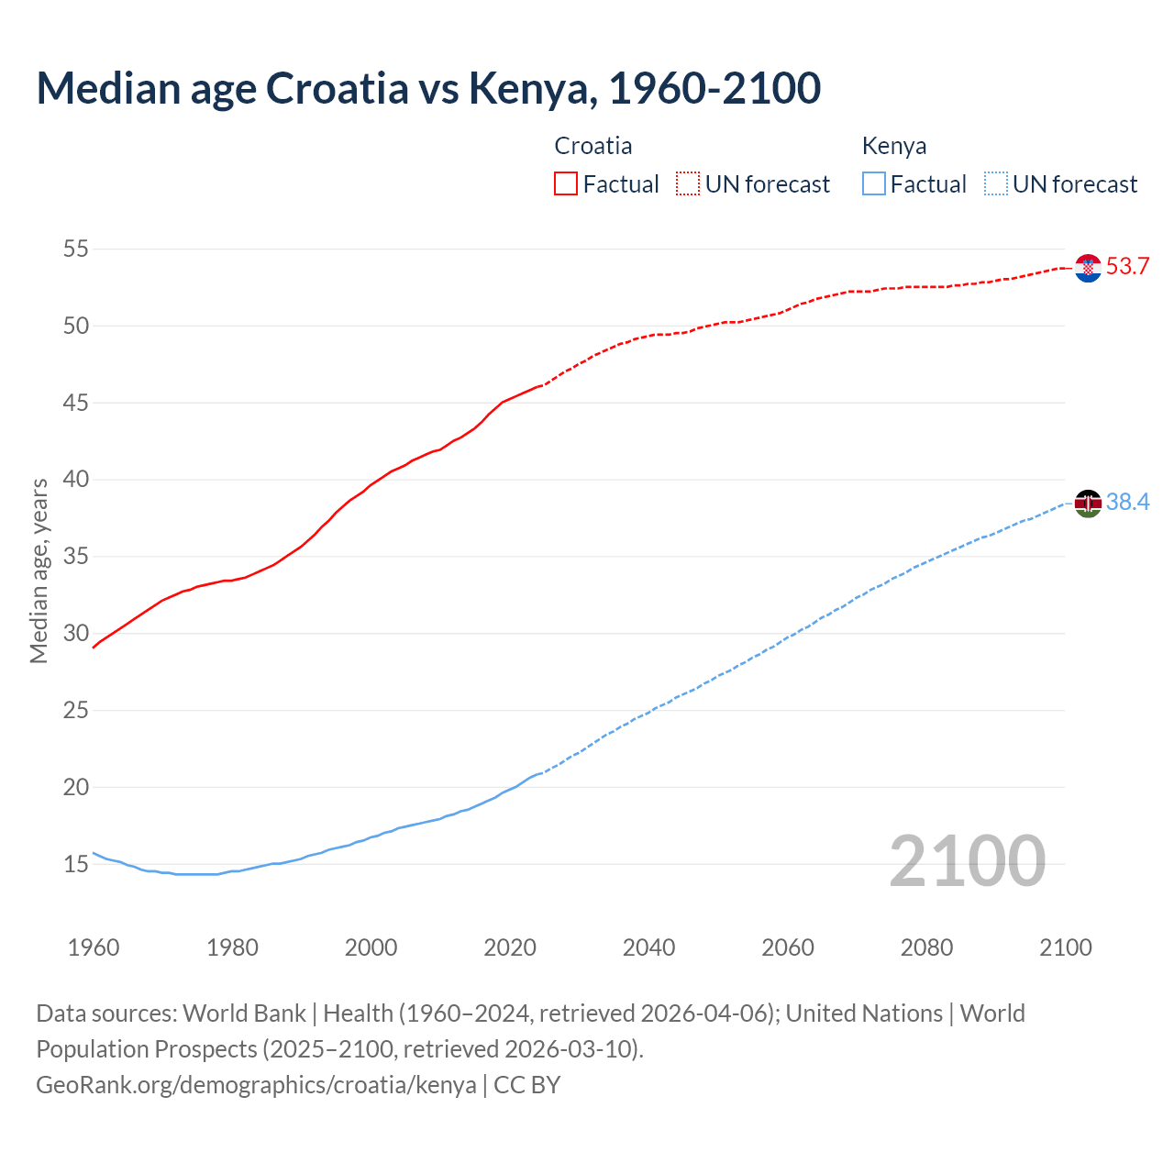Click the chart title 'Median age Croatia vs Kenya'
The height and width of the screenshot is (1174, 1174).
[x=427, y=88]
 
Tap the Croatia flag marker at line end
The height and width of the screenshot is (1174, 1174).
[x=1088, y=268]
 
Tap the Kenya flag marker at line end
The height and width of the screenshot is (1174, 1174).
[x=1088, y=503]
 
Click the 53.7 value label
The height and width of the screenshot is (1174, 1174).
[x=1127, y=267]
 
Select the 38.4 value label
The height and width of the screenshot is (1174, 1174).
[x=1127, y=503]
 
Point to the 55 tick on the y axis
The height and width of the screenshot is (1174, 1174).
[x=76, y=249]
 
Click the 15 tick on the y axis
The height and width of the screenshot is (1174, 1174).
[x=76, y=864]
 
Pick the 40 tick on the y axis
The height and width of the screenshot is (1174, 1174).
[x=76, y=480]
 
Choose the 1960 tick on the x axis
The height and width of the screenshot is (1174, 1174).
[x=94, y=947]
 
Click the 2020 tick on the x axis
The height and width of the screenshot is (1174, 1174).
[x=510, y=947]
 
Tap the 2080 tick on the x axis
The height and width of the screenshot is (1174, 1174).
[x=926, y=947]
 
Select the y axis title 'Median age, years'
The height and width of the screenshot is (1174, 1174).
[x=39, y=570]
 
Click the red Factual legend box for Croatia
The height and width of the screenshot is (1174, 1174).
[x=566, y=184]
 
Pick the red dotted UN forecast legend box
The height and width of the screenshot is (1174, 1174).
[x=688, y=184]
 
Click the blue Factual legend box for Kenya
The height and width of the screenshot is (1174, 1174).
[x=874, y=184]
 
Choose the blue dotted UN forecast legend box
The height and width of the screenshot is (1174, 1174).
[x=995, y=184]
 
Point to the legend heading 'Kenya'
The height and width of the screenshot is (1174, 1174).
[x=894, y=146]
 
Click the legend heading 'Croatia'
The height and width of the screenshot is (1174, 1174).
[x=593, y=146]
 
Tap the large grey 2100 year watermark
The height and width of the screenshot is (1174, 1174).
[x=967, y=861]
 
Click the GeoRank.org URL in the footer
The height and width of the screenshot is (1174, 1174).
[x=256, y=1085]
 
